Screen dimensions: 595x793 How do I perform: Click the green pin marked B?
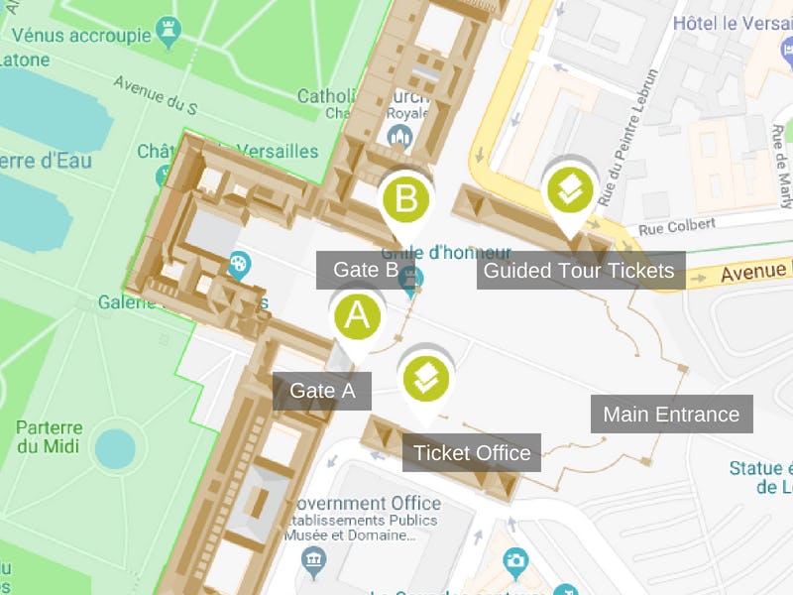406,199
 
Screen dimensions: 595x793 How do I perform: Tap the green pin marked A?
357,317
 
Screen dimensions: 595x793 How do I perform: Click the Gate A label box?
322,391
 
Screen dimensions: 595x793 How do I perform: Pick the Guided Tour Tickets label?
580,271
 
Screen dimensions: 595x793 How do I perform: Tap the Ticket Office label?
472,453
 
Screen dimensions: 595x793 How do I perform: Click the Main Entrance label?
671,414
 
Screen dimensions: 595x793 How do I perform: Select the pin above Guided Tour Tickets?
570,189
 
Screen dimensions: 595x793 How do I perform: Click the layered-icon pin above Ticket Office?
425,378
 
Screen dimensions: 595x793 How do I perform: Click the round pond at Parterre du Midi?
116,449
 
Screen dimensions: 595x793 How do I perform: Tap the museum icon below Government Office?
315,562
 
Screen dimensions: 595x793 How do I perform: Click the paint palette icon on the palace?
240,266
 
